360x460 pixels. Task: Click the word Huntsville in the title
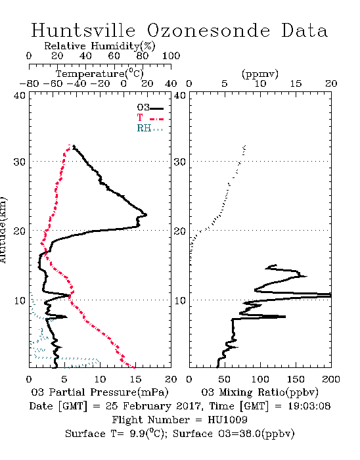[83, 30]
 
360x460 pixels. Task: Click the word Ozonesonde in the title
[208, 30]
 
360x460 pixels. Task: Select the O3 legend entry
[150, 108]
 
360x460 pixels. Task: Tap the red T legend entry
[150, 118]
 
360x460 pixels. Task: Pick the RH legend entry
[150, 128]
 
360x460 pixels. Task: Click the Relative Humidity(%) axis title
[100, 46]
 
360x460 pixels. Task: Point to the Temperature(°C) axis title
[100, 74]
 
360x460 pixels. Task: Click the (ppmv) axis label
[260, 74]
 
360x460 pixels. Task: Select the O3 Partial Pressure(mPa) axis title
[100, 392]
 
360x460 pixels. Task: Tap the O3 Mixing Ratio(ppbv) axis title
[259, 392]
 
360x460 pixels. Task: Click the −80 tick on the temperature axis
[29, 83]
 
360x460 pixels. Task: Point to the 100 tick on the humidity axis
[171, 56]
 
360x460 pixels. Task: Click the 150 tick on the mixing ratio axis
[296, 379]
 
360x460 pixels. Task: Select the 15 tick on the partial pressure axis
[135, 379]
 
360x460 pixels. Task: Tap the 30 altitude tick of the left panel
[20, 162]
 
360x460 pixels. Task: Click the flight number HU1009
[227, 420]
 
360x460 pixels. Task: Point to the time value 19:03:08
[309, 406]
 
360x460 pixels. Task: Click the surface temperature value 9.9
[138, 434]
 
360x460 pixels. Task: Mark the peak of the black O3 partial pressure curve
[146, 215]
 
